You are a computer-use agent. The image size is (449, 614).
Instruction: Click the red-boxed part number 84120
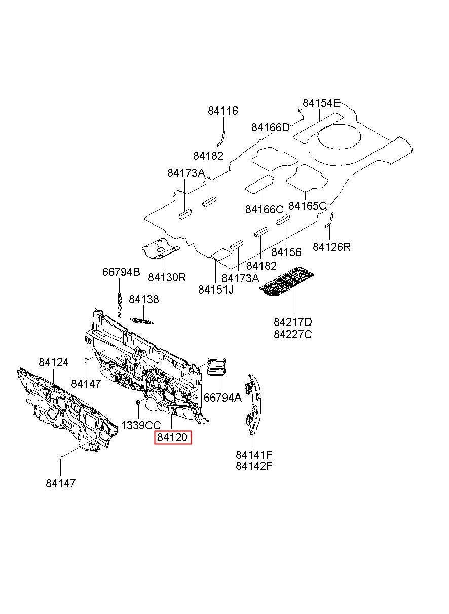coord(173,437)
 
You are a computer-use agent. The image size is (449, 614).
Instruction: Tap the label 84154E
coord(321,103)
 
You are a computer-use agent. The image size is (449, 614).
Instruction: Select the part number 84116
coord(222,111)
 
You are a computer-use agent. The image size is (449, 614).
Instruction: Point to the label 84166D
coord(271,127)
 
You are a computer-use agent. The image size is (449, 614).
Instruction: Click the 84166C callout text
coord(264,209)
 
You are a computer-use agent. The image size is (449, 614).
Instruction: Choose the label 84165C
coord(308,205)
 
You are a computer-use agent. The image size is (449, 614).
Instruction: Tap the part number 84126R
coord(331,247)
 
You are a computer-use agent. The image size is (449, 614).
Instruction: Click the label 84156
coord(286,252)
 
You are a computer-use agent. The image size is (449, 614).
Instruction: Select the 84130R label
coord(167,278)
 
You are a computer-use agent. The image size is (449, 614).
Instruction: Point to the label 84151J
coord(216,290)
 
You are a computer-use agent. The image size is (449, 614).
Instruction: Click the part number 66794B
coord(121,272)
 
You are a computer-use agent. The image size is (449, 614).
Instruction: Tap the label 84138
coord(144,299)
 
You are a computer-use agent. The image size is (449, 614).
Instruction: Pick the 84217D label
coord(292,322)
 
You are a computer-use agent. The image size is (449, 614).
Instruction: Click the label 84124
coord(53,362)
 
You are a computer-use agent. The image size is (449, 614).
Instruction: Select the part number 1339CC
coord(140,425)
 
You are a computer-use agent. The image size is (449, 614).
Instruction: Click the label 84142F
coord(254,466)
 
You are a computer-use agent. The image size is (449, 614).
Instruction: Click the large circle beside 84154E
coord(339,136)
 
